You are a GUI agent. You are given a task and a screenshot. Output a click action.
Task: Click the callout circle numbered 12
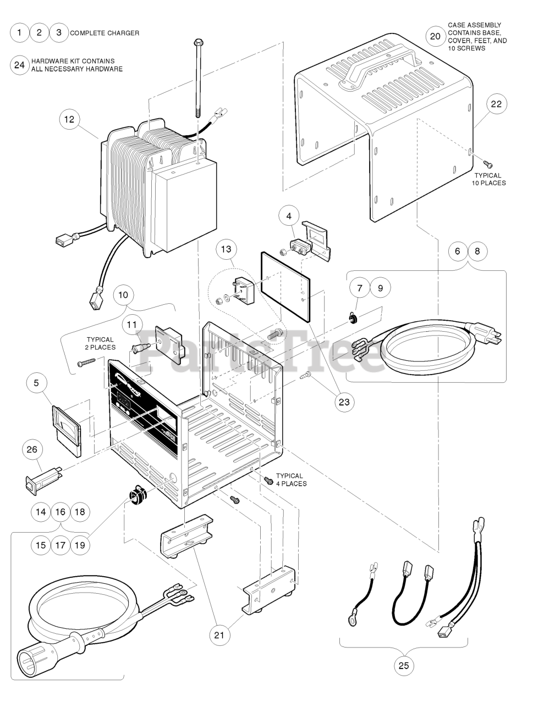click(x=69, y=120)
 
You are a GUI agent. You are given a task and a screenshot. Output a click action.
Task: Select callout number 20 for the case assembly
click(x=435, y=36)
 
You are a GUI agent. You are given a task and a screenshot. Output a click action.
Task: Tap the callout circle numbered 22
click(x=496, y=104)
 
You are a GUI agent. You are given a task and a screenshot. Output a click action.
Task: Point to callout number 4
click(x=289, y=216)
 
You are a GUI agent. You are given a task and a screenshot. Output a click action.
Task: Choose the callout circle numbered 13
click(x=226, y=249)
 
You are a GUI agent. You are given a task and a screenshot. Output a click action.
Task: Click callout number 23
click(x=344, y=401)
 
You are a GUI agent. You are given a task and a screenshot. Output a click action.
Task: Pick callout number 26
click(x=32, y=449)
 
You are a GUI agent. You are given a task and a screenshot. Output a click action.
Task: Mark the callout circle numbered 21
click(x=219, y=635)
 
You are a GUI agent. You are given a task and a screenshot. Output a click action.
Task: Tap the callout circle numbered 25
click(x=404, y=666)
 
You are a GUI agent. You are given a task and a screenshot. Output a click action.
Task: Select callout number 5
click(x=36, y=383)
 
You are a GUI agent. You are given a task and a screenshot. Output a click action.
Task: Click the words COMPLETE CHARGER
click(x=105, y=33)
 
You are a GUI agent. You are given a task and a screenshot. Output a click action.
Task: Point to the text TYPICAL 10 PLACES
click(x=488, y=180)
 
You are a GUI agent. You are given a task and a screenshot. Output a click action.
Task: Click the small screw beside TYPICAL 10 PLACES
click(x=488, y=164)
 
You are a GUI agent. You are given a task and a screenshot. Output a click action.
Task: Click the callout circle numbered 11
click(x=132, y=325)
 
